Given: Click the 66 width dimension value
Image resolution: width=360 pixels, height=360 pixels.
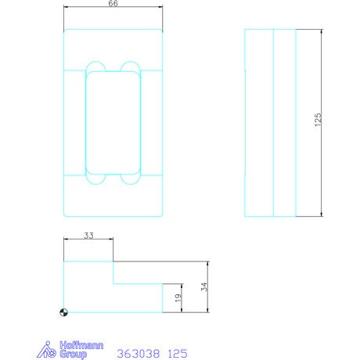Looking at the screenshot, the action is pos(113,3).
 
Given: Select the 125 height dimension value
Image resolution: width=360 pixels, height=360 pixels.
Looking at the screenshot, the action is pos(318,120).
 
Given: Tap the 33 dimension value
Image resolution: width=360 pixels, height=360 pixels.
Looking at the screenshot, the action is pos(88,236).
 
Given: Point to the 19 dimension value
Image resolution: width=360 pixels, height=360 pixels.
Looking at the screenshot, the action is pos(178,297).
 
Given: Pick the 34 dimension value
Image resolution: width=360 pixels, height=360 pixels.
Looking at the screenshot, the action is pos(204,286).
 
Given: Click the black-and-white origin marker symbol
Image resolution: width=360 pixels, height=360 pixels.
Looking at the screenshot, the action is pos(63,312).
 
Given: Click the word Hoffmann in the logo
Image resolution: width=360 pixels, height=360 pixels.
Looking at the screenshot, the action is pos(81,345).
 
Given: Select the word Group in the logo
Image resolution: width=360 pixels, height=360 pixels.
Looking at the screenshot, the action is pos(73,355).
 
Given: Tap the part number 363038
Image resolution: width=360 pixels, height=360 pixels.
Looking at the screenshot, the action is pos(138,354).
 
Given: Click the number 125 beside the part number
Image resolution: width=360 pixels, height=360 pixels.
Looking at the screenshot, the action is pos(178,354).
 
